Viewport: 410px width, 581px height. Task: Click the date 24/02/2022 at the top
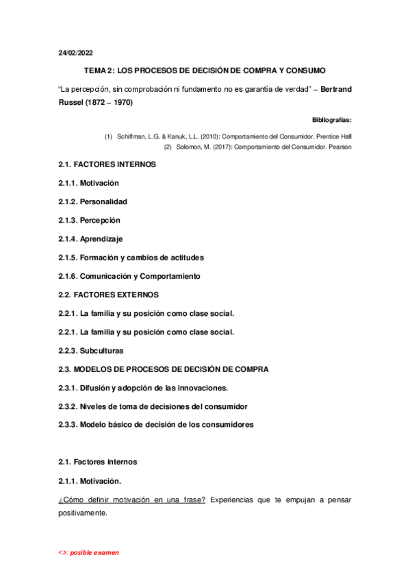click(75, 53)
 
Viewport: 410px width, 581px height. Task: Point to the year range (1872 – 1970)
click(110, 103)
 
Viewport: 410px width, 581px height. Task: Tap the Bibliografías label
click(331, 119)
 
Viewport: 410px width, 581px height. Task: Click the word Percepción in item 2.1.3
click(100, 221)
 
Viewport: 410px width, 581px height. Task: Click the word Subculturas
click(101, 350)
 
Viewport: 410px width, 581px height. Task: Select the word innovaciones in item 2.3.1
click(202, 387)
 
